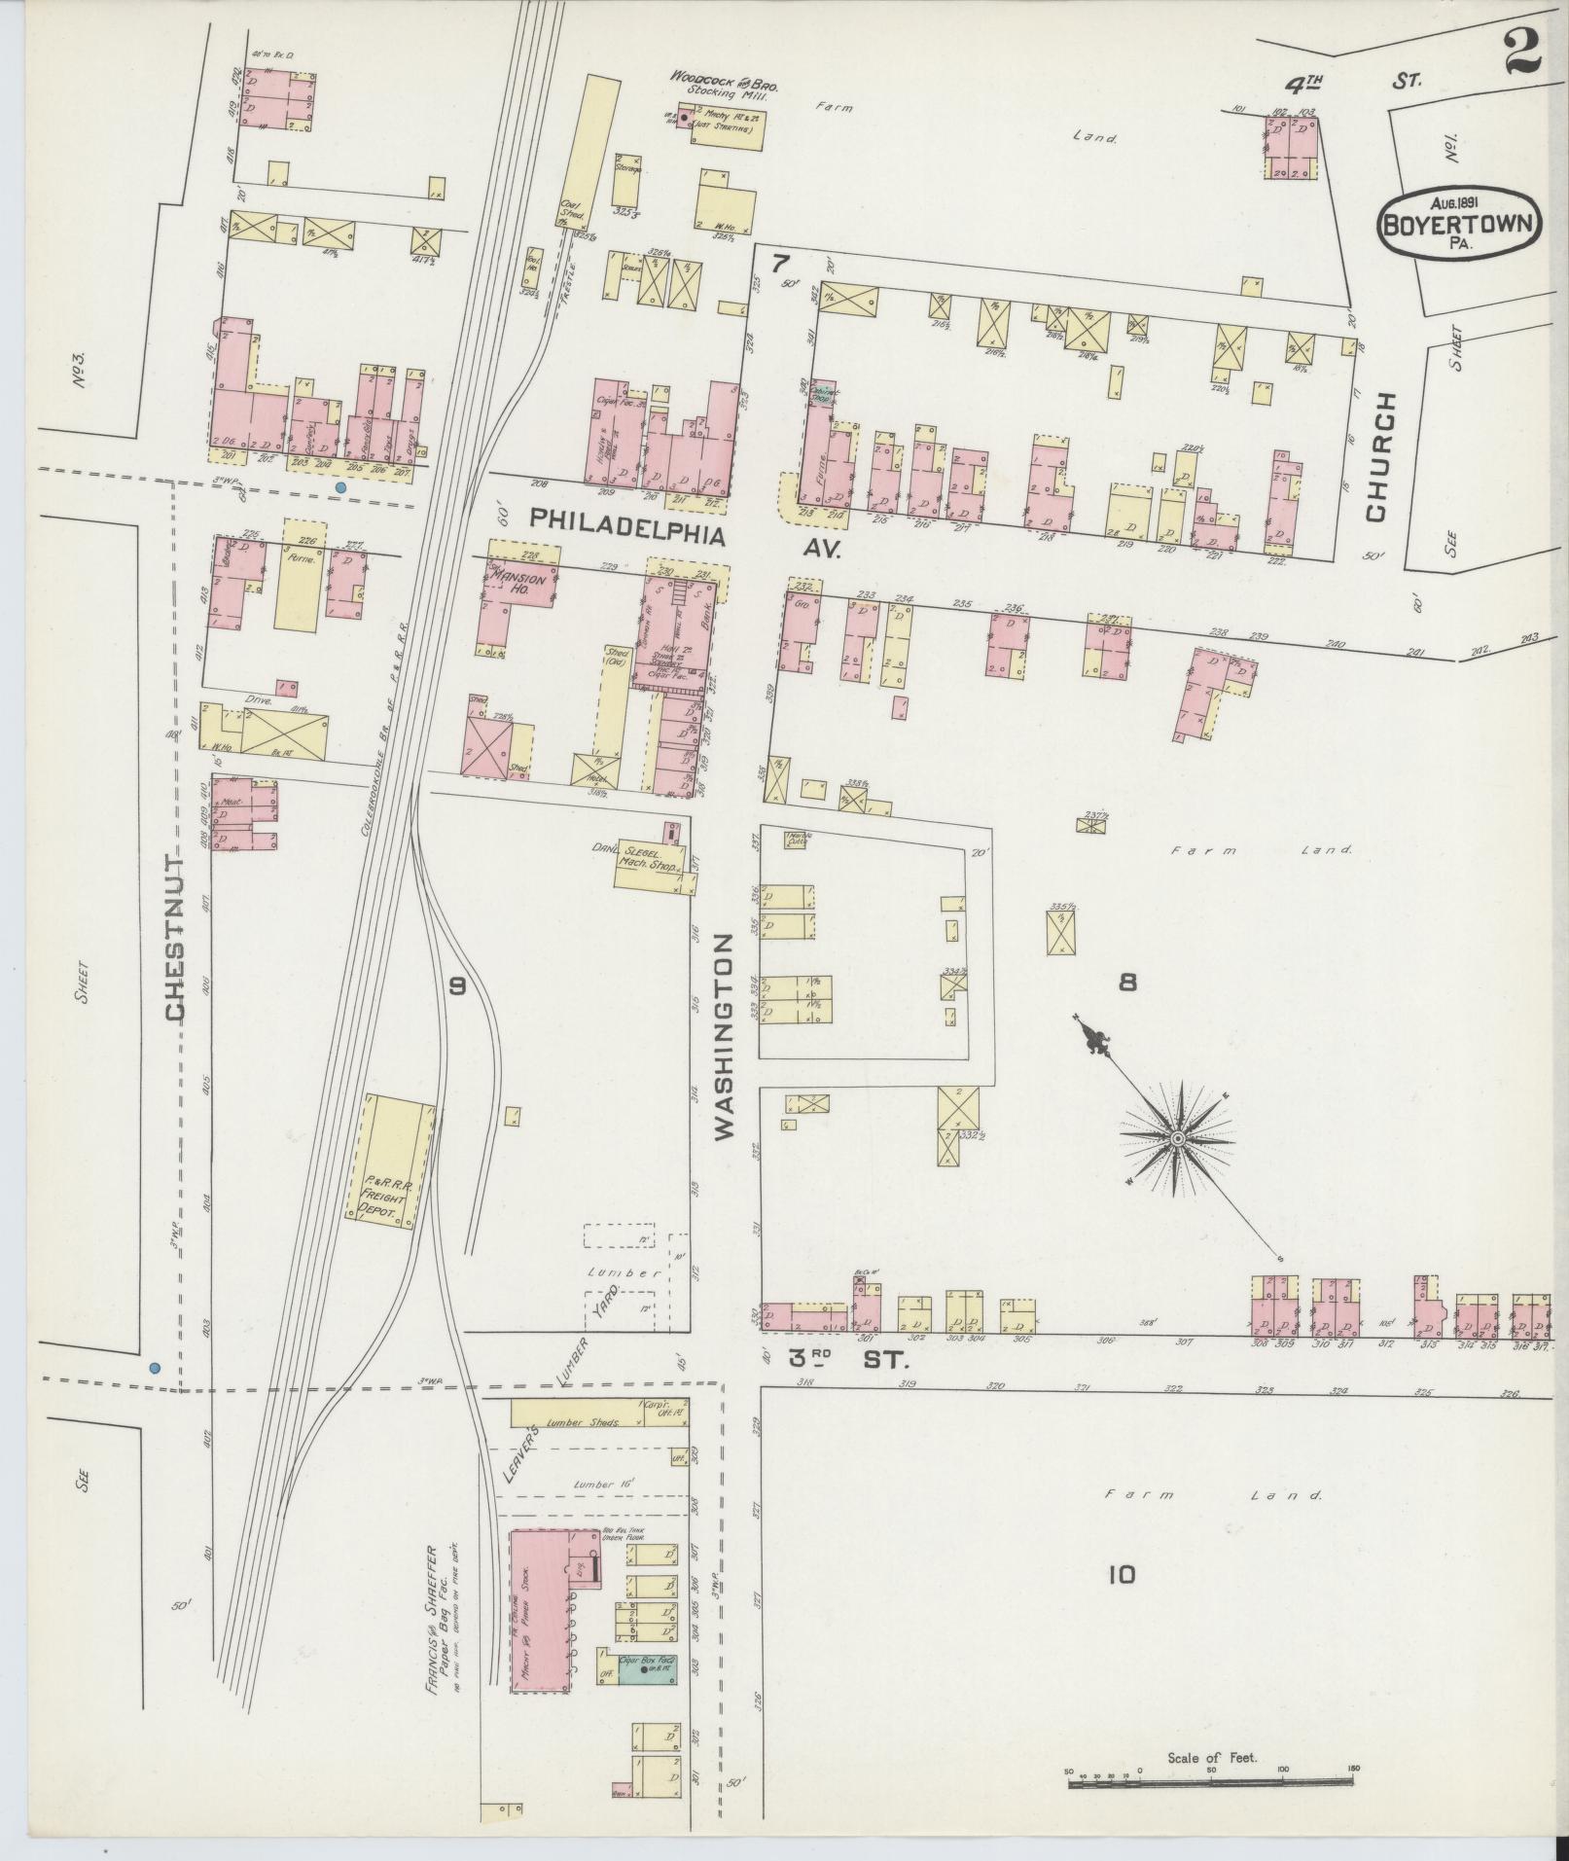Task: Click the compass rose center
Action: pyautogui.click(x=1177, y=1137)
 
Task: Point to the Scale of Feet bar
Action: pyautogui.click(x=1210, y=1781)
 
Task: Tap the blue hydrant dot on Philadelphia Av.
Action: pyautogui.click(x=340, y=486)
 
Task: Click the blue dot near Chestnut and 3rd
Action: pyautogui.click(x=154, y=1367)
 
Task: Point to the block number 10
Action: pyautogui.click(x=1122, y=1573)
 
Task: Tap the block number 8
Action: pyautogui.click(x=1127, y=983)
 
